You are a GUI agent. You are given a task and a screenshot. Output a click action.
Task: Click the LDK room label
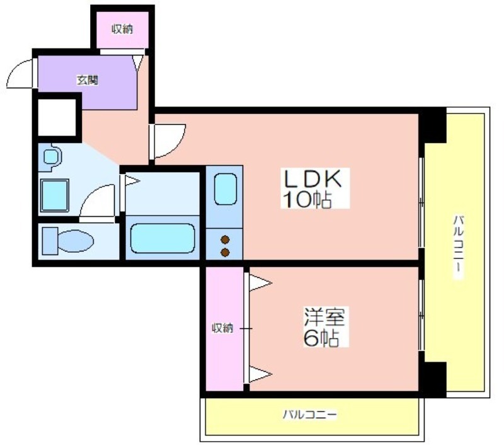(x=311, y=178)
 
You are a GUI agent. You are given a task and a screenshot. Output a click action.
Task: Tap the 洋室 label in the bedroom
(x=324, y=317)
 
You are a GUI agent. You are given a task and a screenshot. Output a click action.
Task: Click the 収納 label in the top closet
(x=122, y=29)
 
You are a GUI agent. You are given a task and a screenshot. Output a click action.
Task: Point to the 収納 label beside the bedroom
(x=222, y=328)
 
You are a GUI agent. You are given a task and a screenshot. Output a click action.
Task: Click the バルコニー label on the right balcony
(x=459, y=248)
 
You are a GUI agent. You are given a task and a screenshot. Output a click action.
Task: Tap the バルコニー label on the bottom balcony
(x=310, y=414)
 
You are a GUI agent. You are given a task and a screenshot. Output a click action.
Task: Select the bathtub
(x=163, y=238)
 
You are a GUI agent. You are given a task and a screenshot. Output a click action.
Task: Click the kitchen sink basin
(x=226, y=189)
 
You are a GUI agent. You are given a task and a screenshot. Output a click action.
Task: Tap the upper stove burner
(x=226, y=239)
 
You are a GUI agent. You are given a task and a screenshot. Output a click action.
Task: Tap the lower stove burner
(x=226, y=252)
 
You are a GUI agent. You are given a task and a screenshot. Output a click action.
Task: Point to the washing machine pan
(x=54, y=195)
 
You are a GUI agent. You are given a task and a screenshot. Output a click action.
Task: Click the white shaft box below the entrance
(x=57, y=117)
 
